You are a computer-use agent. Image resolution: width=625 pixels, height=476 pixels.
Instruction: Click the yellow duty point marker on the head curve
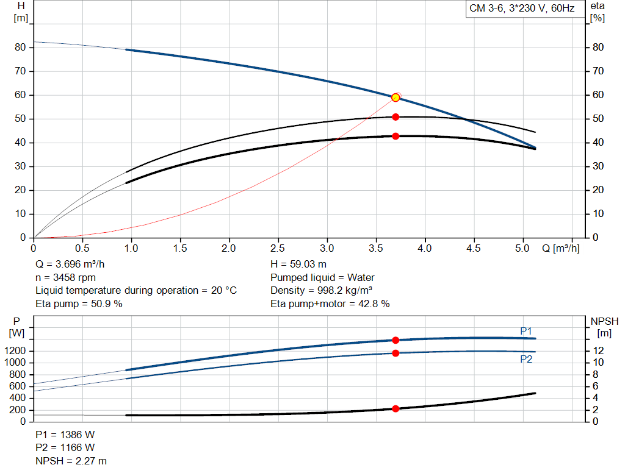click(396, 98)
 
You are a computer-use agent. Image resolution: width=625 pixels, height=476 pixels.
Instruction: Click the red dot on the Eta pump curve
click(396, 117)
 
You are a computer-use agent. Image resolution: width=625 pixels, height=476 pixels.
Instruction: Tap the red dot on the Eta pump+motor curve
click(396, 137)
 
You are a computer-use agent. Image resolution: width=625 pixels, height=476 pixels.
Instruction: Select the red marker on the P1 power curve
click(396, 340)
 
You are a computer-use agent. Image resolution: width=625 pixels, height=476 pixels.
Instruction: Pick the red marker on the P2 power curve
click(396, 353)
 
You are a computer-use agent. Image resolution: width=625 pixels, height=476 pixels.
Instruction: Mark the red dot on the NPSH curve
click(396, 408)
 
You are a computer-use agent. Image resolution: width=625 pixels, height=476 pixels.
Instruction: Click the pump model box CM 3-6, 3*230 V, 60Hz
click(522, 9)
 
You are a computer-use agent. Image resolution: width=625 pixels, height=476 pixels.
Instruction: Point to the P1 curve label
click(526, 331)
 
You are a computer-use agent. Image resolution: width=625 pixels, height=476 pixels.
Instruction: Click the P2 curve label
click(526, 360)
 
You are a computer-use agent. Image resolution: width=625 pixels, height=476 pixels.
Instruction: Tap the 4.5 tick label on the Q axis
click(474, 249)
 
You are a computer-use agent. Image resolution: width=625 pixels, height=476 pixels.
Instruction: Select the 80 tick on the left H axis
click(20, 48)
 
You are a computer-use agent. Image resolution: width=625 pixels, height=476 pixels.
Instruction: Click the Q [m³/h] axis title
click(560, 249)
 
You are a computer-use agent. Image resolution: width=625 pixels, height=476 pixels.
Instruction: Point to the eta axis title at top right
click(597, 6)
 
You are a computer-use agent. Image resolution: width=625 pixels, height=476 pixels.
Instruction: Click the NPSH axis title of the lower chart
click(604, 321)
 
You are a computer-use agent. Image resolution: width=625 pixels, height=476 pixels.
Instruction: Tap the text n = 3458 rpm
click(65, 277)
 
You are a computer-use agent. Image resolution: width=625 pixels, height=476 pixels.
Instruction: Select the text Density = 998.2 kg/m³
click(321, 290)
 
